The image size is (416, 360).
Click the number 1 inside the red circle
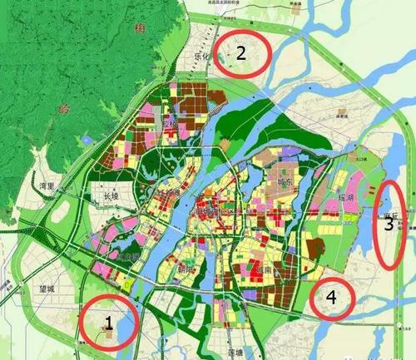pos(107,319)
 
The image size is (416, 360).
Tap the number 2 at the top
pos(240,54)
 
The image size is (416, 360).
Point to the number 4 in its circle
pos(331,297)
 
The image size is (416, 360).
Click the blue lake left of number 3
pos(379,200)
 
